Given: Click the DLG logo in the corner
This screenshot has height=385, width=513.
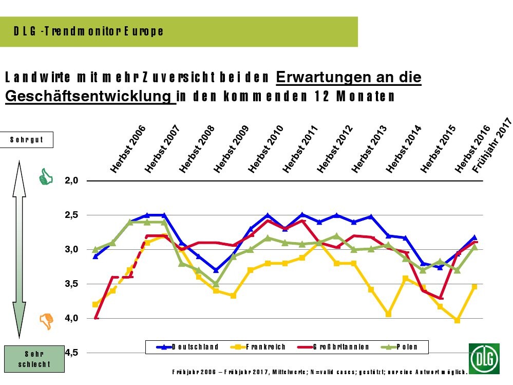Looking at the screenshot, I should coord(483,358).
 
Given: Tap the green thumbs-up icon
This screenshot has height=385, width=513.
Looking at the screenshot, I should coord(46,177).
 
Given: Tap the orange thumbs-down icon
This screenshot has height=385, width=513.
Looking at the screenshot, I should coord(47,321).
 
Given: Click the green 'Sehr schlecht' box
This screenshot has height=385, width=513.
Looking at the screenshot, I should coord(34,359).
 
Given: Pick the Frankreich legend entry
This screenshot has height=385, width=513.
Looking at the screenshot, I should coord(258,347).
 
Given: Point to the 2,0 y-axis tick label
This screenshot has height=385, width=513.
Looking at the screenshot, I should coord(72,180).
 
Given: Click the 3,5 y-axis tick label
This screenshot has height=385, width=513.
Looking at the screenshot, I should coord(72,284).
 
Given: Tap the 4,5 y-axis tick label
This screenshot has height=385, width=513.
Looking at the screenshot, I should coord(72,353).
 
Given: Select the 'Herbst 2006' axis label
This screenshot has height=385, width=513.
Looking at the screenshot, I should coord(128,149).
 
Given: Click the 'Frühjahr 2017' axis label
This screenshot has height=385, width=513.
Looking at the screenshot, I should coord(492,145).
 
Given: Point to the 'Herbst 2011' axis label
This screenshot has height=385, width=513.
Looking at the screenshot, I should coord(300,149).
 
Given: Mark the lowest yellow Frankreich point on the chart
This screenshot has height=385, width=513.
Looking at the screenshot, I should coord(457,320).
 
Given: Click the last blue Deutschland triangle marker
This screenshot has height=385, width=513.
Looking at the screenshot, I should coord(474,237).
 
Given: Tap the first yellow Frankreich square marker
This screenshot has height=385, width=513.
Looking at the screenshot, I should coord(95,304).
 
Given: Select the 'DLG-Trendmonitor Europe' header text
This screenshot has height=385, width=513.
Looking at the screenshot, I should coord(89,31).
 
